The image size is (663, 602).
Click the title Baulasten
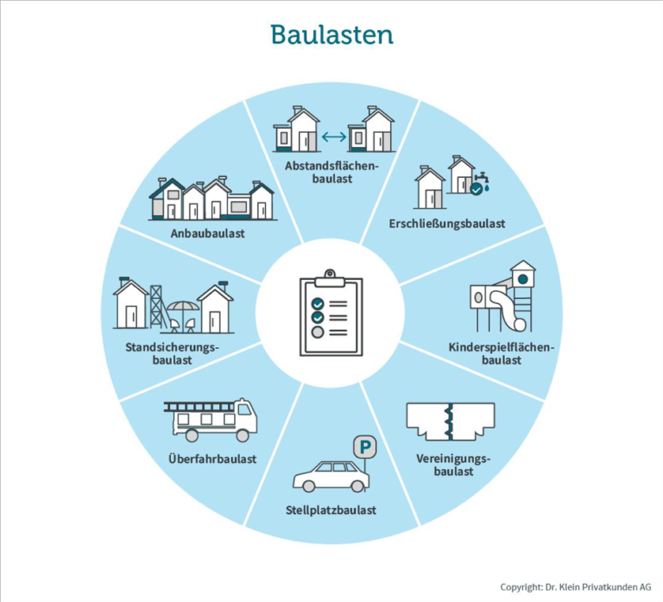[331, 35]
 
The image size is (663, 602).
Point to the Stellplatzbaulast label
[331, 510]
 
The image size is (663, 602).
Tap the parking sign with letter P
[366, 448]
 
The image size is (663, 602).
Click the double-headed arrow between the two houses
[333, 136]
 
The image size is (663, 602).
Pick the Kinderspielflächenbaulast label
[502, 353]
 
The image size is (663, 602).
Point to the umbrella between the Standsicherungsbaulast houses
[182, 309]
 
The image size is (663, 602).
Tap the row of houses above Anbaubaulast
[212, 199]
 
